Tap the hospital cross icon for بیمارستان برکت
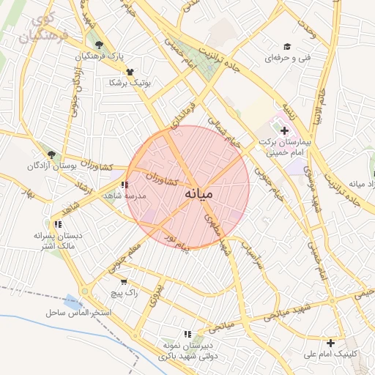[285, 130]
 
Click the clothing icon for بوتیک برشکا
[130, 72]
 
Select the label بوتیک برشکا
[129, 83]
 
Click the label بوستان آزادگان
[51, 166]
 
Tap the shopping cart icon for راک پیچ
[123, 281]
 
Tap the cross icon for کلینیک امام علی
[331, 342]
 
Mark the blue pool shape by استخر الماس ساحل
[73, 301]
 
